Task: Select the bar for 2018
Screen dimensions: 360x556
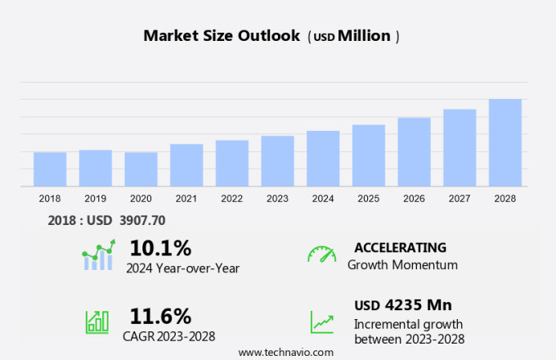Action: pos(50,169)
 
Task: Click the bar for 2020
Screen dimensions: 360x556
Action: pos(141,169)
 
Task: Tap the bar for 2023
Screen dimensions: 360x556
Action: pos(278,161)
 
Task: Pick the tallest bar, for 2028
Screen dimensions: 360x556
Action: pos(505,143)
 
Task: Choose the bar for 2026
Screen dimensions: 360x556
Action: pos(415,152)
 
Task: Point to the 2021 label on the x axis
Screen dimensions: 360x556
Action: pos(186,198)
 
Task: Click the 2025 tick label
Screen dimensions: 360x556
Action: pos(369,198)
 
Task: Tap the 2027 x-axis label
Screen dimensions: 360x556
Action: pos(460,198)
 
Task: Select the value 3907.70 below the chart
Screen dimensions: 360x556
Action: pos(137,220)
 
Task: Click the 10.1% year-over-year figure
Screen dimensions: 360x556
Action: pos(160,248)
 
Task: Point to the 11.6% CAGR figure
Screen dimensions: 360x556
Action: pos(160,316)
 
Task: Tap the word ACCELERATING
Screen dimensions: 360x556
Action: pos(400,247)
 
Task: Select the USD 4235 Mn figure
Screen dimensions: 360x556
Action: pos(402,305)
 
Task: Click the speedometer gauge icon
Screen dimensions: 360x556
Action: pos(321,254)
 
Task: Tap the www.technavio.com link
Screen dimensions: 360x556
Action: pos(286,352)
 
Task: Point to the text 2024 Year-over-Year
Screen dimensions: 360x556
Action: pos(182,268)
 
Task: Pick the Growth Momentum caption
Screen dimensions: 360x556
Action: pos(402,264)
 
